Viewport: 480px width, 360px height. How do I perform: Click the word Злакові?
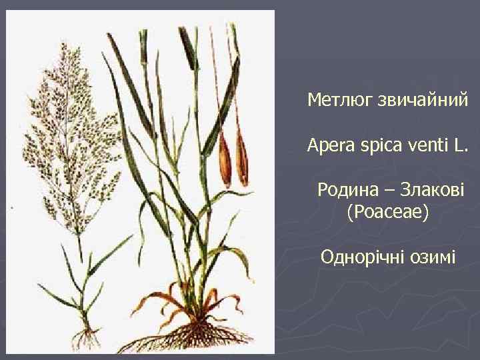pyautogui.click(x=435, y=189)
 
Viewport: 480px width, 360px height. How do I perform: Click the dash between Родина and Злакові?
pyautogui.click(x=393, y=189)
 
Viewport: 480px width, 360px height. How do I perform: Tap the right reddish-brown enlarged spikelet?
pyautogui.click(x=242, y=160)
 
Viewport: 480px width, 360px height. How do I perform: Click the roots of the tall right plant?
pyautogui.click(x=193, y=333)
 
